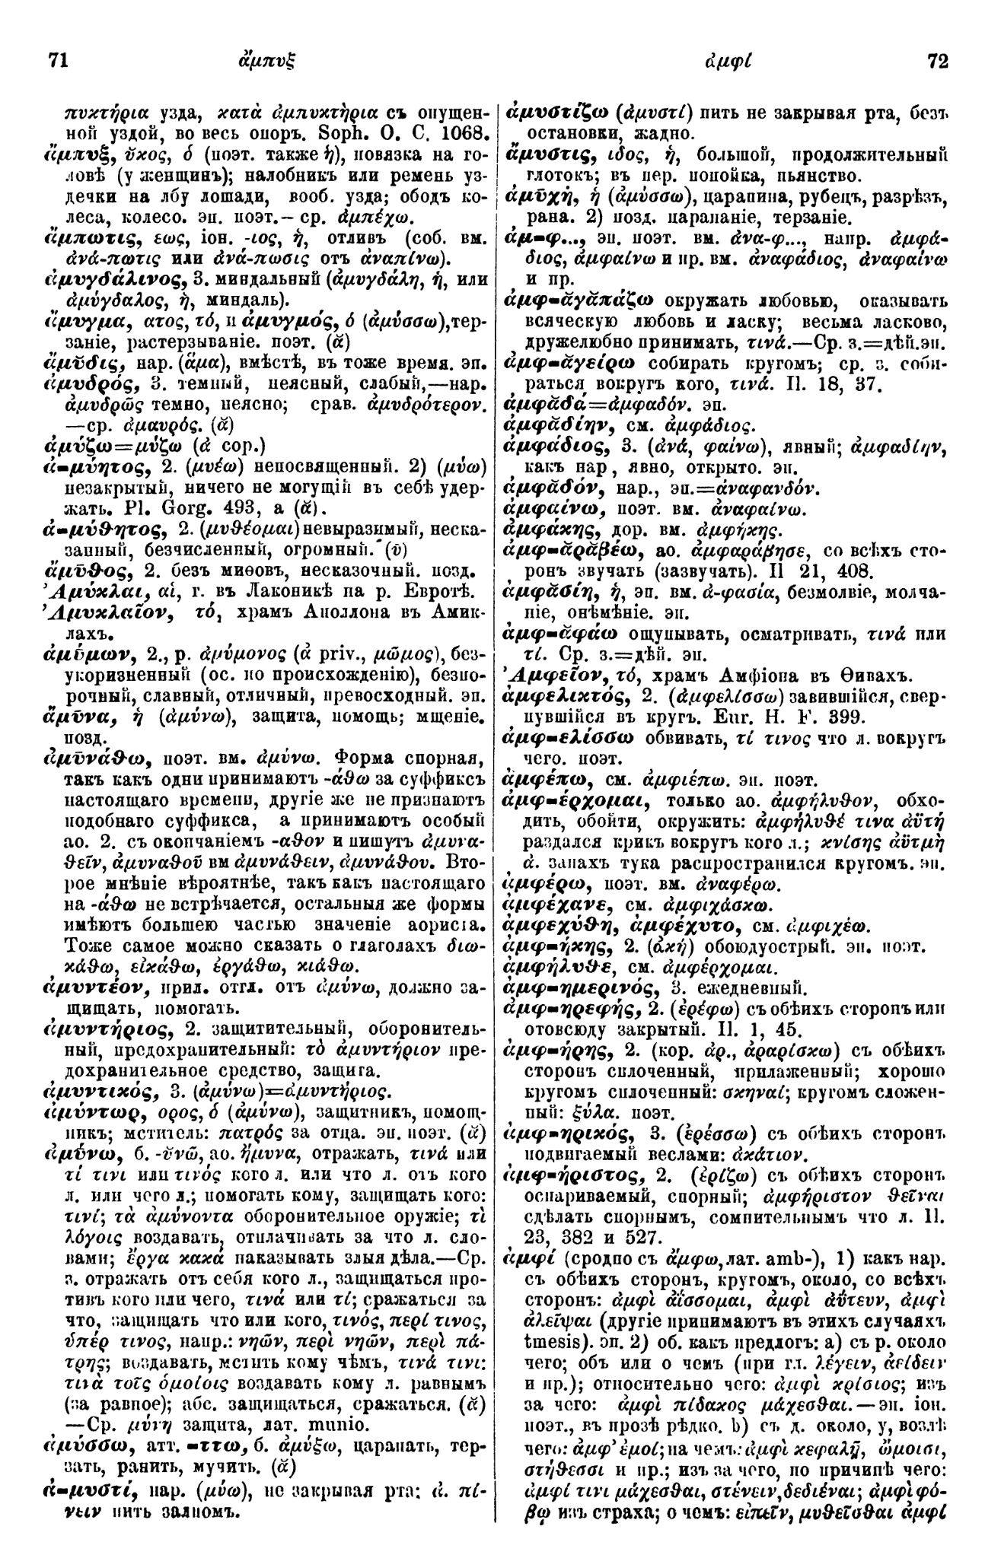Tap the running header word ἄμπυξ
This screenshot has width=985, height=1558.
pos(277,60)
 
